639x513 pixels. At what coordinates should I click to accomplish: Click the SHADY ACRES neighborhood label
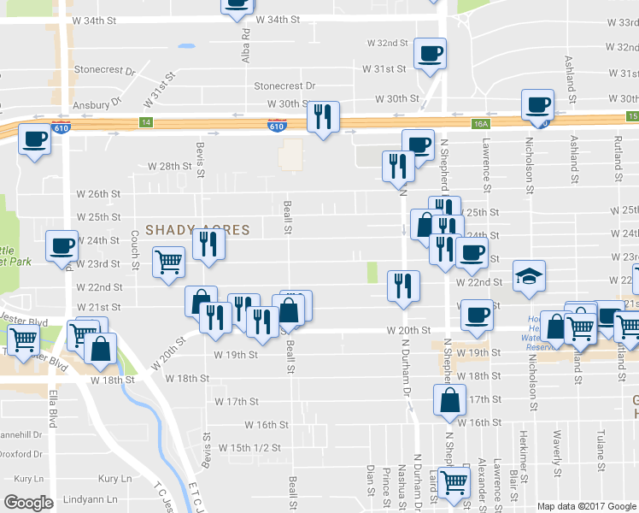(197, 230)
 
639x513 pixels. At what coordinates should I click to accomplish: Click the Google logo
(28, 503)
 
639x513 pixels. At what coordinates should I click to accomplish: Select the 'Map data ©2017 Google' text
(586, 506)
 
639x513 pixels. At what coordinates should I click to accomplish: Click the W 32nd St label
(388, 43)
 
